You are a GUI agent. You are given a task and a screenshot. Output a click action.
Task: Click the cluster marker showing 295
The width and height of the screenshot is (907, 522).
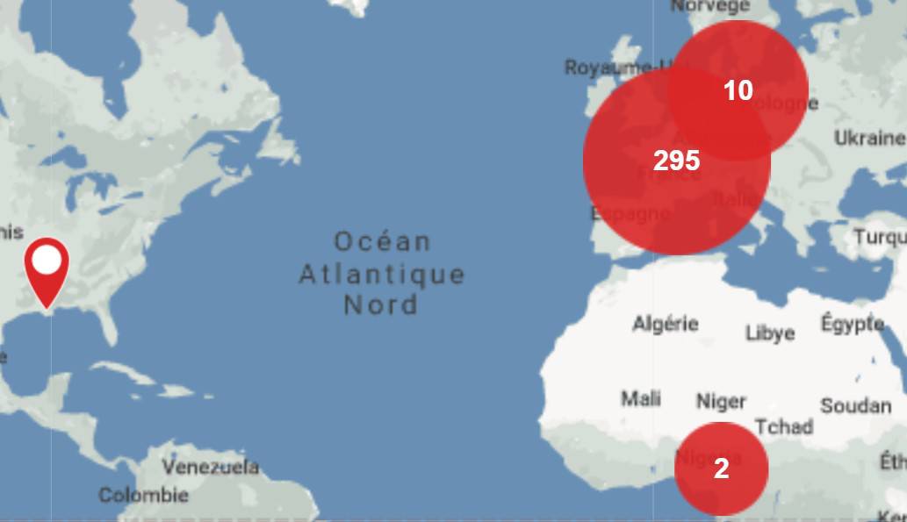coord(676,161)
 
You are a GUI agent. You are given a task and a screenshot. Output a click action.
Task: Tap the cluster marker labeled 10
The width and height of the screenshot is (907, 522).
coord(738,90)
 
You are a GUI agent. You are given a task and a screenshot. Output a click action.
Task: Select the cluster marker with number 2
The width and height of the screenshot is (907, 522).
coord(721,468)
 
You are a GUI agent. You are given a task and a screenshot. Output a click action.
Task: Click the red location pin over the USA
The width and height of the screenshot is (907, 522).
coord(47,263)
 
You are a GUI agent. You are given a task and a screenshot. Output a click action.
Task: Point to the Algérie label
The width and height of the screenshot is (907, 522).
coord(665,324)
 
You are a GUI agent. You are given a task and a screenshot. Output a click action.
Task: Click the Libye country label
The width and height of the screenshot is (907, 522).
coord(770,333)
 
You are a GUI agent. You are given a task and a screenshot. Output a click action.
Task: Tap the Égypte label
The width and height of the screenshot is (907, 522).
coord(852,323)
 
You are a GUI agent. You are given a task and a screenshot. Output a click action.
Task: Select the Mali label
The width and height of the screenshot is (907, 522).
coord(641,398)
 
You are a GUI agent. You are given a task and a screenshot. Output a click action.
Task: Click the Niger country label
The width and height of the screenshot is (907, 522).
coord(721,401)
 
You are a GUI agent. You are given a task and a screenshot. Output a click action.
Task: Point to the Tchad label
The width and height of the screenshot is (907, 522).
coord(783,426)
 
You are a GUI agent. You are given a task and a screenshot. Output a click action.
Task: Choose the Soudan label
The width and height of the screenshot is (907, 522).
coord(855,405)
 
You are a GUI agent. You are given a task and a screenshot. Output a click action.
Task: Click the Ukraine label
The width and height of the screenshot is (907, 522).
coord(868,138)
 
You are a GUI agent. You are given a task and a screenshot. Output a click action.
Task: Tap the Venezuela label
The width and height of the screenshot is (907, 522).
coord(211,466)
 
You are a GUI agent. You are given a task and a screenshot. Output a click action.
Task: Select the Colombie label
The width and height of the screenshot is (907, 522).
coord(143,495)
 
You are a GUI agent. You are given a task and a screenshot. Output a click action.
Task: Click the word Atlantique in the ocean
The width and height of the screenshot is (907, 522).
coord(382,274)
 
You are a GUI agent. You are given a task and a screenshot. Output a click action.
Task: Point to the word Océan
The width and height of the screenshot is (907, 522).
coord(382,241)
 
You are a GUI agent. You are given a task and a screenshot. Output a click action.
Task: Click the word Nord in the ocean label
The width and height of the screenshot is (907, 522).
coord(381,304)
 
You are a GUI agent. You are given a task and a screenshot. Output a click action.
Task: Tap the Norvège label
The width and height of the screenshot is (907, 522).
coord(710,6)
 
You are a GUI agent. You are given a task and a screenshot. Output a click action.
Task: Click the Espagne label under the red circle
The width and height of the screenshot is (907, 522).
coord(630,213)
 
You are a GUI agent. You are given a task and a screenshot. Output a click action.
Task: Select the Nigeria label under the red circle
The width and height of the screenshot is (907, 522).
coord(708,457)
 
